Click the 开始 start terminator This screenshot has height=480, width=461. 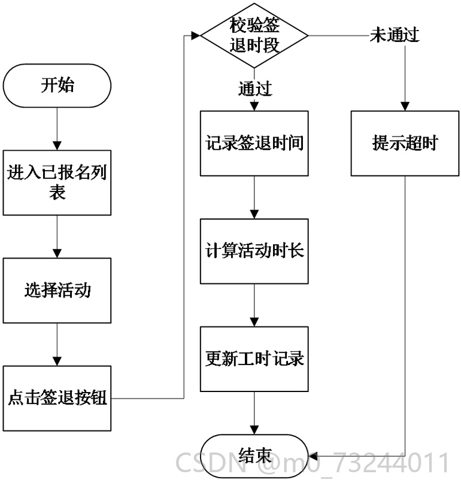coord(57,86)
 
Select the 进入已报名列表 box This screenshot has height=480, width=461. coord(57,183)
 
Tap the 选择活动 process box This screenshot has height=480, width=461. coord(57,290)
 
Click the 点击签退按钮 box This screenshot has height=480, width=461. coord(57,398)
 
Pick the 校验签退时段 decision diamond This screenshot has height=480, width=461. coord(254,35)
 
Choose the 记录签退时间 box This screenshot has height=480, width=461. coord(254,143)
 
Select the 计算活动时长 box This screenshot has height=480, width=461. coord(254,251)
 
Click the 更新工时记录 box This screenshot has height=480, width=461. coord(254,359)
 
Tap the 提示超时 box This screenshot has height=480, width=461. coord(405,143)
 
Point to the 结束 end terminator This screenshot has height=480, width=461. coord(254,456)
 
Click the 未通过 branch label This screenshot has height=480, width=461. coord(395,35)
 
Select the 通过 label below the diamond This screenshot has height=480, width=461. coord(255,89)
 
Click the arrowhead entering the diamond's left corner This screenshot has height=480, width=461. coord(196,35)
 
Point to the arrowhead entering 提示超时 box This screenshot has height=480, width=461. coord(405,106)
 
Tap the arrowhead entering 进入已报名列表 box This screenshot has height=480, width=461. coord(57,145)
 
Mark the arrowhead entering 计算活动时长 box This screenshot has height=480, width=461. coord(254,214)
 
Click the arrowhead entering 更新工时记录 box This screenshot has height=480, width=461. coord(254,322)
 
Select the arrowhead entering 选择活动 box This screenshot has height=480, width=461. coord(57,253)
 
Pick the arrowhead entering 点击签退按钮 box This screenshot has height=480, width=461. coord(57,361)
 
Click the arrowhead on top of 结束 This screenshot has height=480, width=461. coord(254,430)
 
